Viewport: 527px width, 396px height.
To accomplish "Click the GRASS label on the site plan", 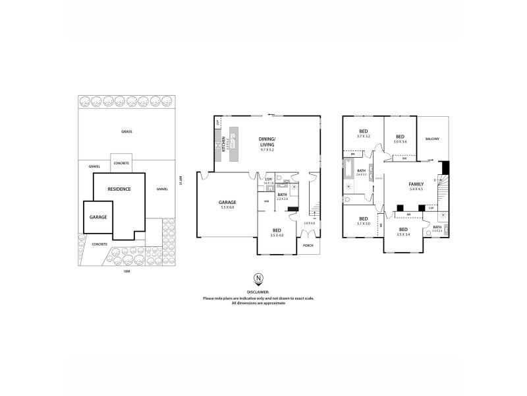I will click(126, 131).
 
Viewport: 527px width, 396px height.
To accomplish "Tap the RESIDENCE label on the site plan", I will click(120, 189).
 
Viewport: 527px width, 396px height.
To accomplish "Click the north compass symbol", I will click(258, 280).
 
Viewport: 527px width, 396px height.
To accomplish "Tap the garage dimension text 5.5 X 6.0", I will click(227, 207).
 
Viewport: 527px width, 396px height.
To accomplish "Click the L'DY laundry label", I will click(268, 180).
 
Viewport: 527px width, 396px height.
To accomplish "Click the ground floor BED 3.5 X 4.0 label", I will click(277, 231).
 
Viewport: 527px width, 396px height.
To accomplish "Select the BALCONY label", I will click(432, 139).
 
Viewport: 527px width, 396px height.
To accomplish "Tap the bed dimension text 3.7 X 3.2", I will click(363, 136).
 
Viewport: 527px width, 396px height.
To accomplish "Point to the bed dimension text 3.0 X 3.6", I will click(400, 141).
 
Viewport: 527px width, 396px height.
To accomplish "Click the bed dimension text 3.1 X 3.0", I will click(363, 224).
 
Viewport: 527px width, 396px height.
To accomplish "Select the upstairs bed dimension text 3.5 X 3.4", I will click(403, 234).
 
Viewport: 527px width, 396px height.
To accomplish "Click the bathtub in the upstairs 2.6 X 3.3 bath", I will click(347, 174).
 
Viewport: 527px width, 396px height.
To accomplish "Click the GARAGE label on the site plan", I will click(98, 216).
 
